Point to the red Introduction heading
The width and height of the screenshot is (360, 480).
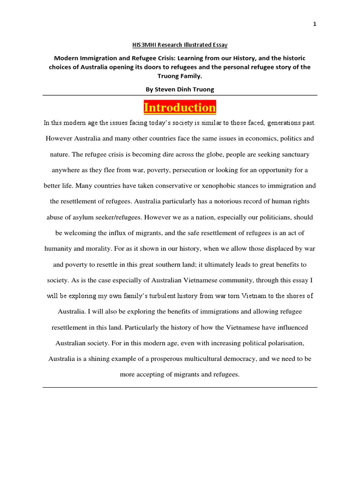(x=180, y=107)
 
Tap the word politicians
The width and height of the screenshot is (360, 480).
(x=268, y=217)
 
